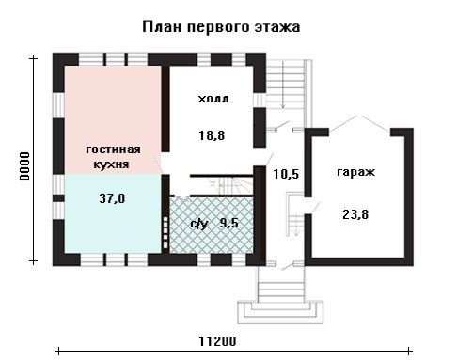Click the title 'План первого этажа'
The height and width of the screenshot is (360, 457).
(221, 27)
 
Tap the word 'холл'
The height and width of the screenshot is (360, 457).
(213, 99)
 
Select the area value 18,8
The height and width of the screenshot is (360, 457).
(212, 135)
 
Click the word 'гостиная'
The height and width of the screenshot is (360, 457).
(113, 149)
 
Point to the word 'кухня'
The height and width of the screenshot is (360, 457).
(111, 164)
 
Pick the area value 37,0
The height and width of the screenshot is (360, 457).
(112, 198)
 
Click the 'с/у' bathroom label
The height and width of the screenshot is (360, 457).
(199, 224)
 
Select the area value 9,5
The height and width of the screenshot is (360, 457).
(229, 223)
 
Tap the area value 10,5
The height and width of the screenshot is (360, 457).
(286, 174)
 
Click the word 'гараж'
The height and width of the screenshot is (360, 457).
(355, 172)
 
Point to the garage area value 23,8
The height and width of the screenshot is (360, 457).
(355, 214)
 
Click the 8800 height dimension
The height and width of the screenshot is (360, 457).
(24, 166)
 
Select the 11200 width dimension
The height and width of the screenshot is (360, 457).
(218, 341)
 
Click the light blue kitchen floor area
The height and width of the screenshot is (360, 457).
(113, 213)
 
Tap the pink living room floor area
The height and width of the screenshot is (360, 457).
(113, 119)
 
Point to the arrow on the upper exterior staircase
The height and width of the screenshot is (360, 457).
(283, 85)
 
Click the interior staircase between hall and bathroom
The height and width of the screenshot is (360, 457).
(231, 186)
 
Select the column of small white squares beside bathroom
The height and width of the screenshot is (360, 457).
(165, 232)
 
